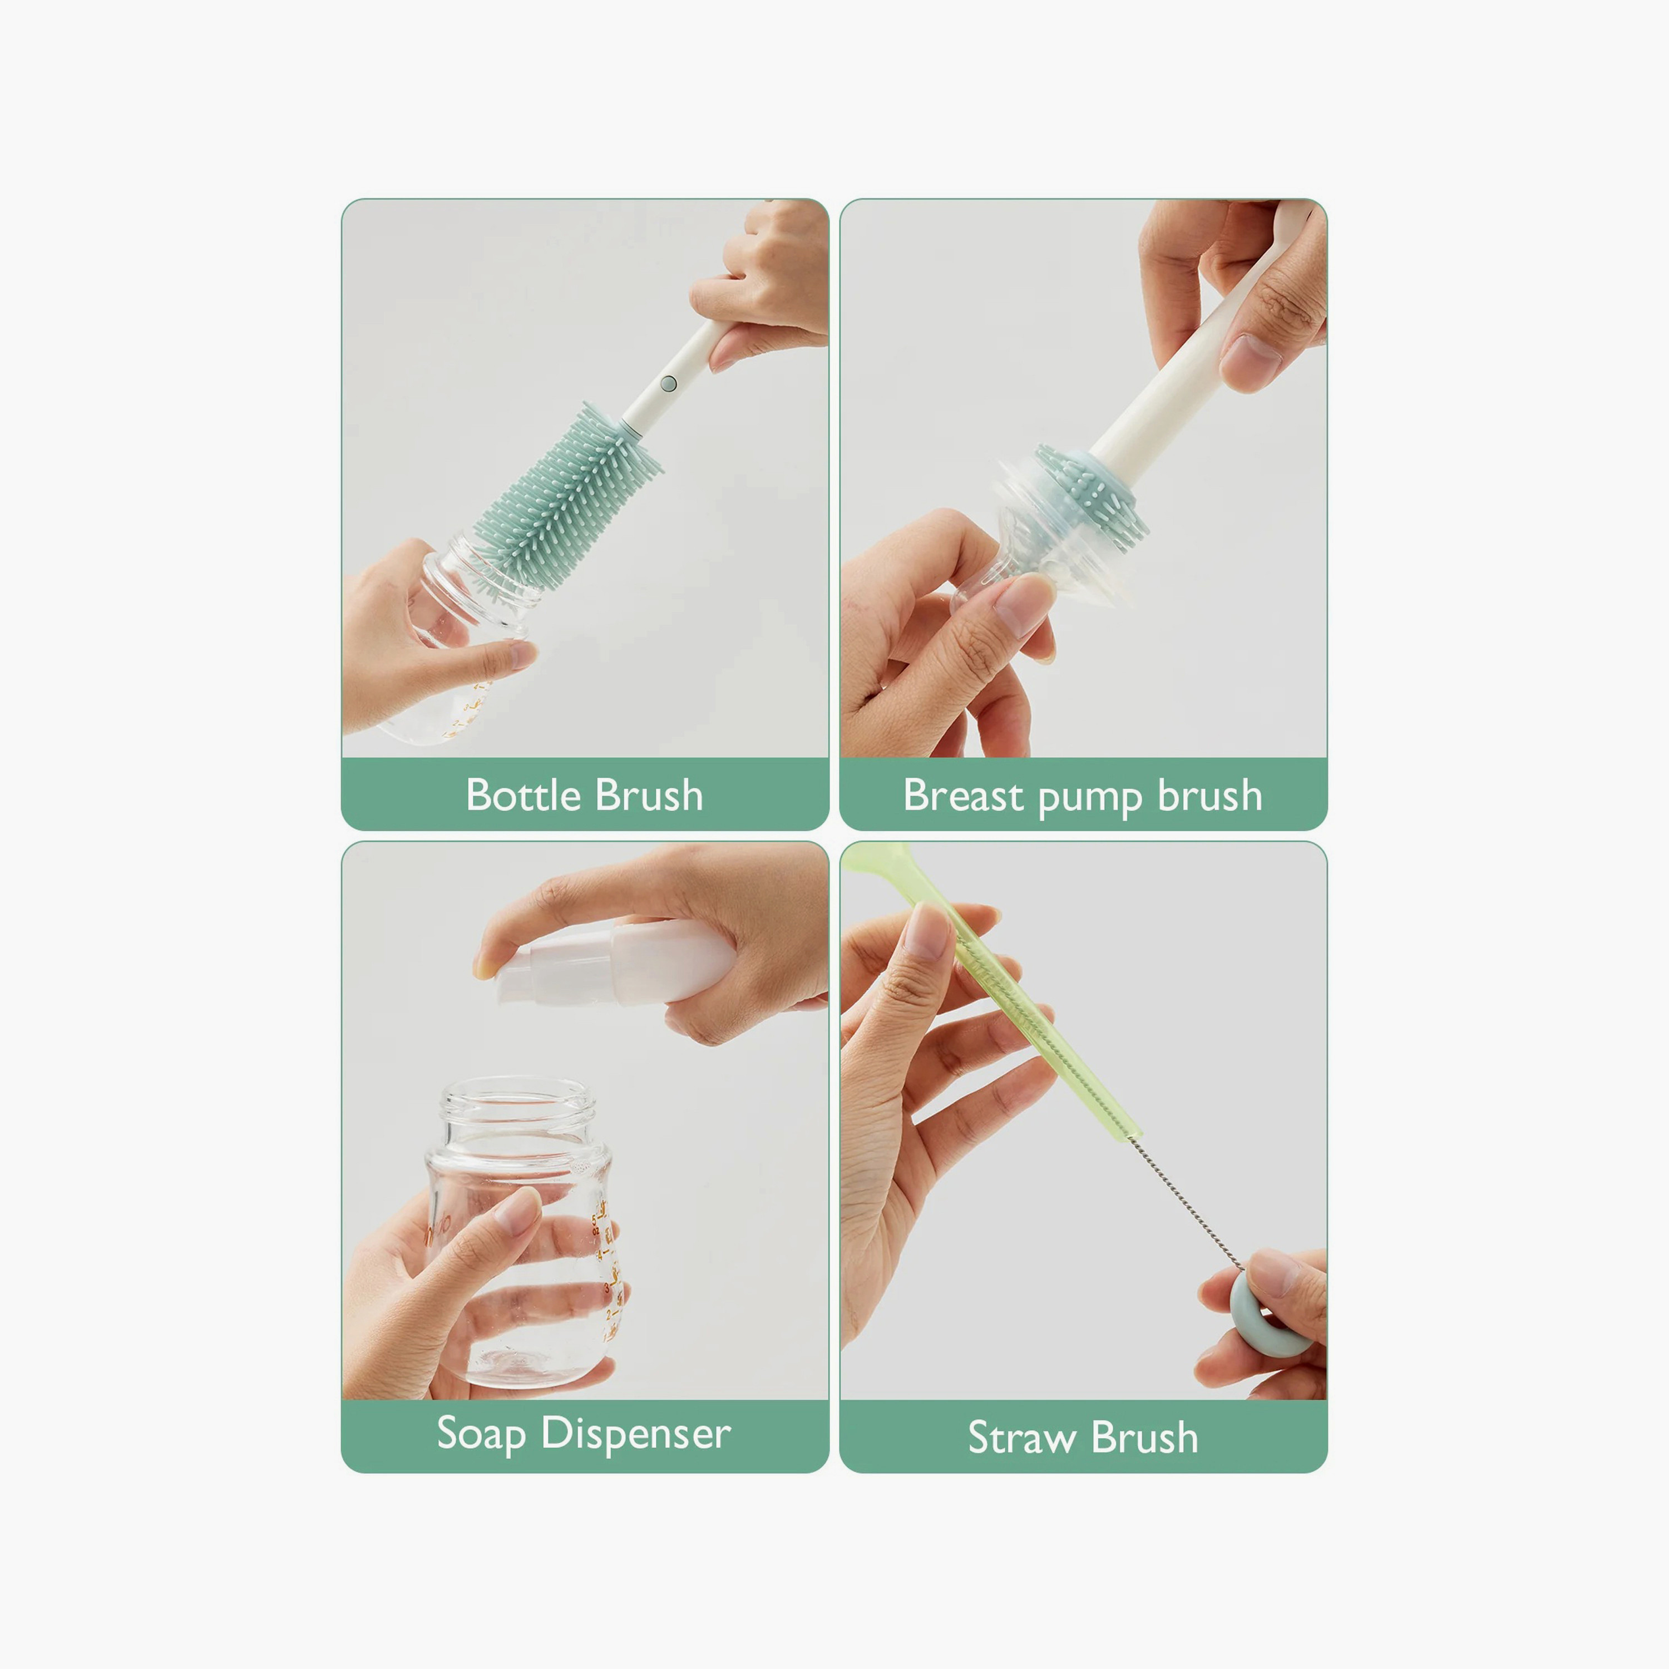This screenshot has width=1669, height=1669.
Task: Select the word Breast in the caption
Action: pos(962,795)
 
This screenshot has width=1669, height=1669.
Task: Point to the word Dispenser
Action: pos(636,1434)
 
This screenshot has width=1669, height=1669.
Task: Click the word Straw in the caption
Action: pos(1021,1438)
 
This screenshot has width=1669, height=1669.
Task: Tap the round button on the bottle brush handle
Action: pos(668,383)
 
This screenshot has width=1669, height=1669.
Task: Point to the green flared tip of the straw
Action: pos(877,860)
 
